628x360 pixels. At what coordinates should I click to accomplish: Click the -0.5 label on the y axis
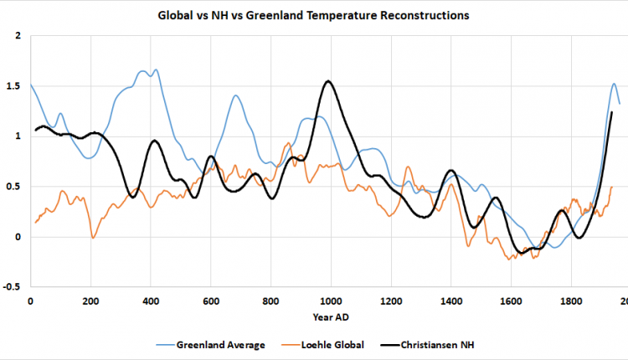(13, 287)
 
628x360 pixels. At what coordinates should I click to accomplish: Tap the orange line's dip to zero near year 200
(93, 238)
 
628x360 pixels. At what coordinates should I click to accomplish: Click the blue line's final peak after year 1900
(614, 84)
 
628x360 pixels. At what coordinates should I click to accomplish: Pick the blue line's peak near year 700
(237, 95)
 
